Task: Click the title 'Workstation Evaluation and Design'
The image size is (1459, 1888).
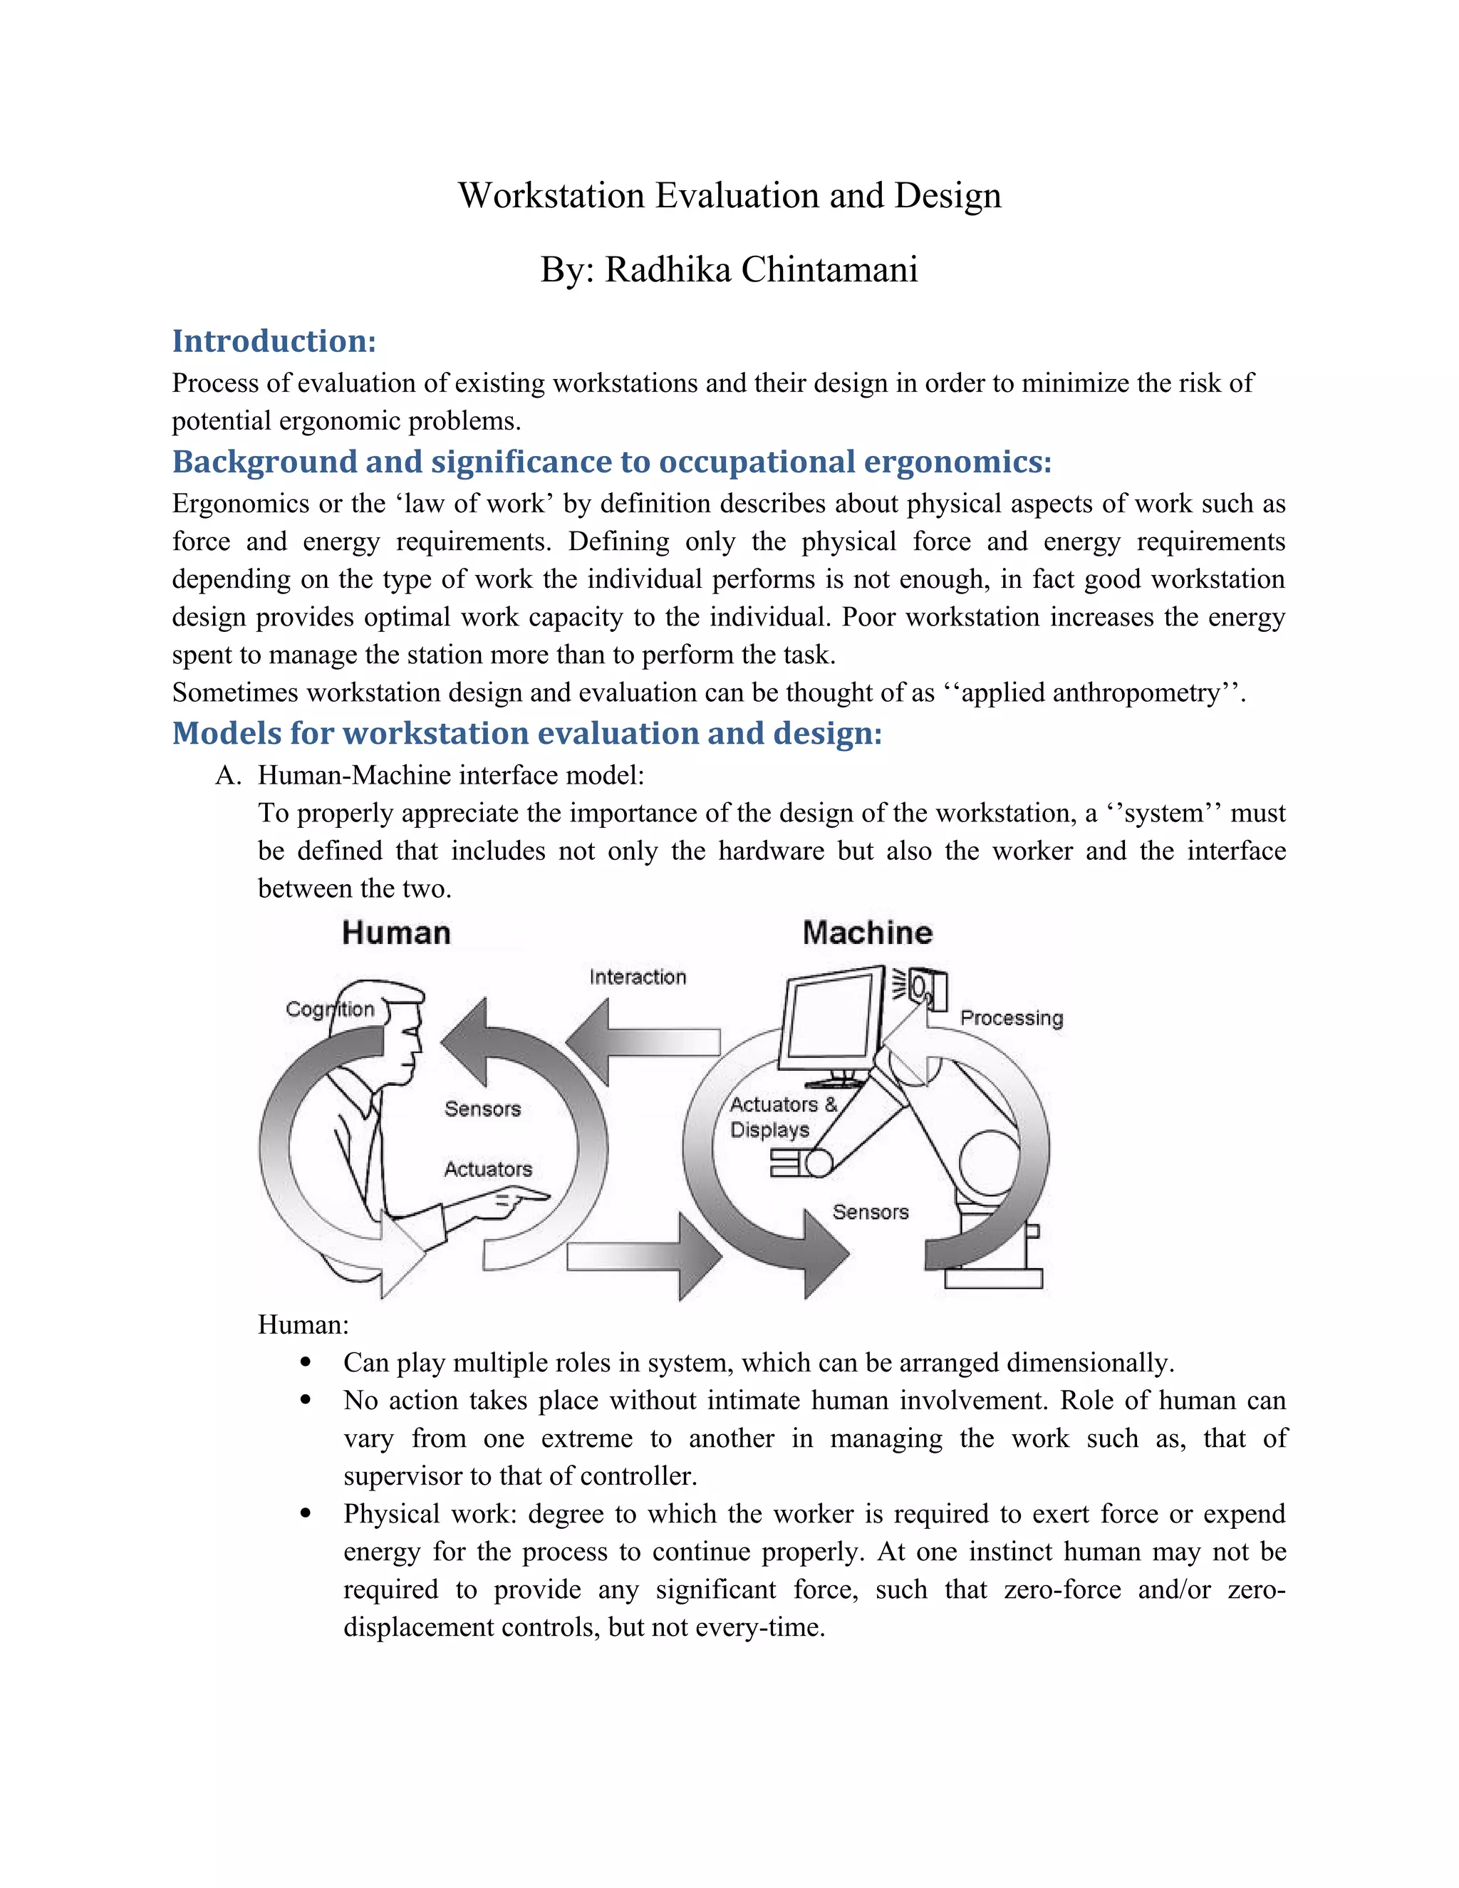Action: [x=729, y=195]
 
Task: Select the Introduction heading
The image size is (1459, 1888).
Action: [x=274, y=341]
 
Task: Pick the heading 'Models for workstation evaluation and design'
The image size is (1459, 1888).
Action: [x=526, y=733]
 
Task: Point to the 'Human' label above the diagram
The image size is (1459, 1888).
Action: [x=396, y=933]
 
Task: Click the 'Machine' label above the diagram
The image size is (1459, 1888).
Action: [x=867, y=933]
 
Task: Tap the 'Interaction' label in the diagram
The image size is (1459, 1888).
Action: [x=637, y=977]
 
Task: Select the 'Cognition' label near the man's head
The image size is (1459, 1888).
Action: [x=329, y=1009]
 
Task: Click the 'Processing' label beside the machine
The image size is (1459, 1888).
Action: [x=1012, y=1017]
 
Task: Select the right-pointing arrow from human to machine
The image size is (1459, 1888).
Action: [x=644, y=1256]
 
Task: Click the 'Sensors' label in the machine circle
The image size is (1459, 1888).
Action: [x=870, y=1212]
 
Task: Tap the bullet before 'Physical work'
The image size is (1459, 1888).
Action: [x=304, y=1514]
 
